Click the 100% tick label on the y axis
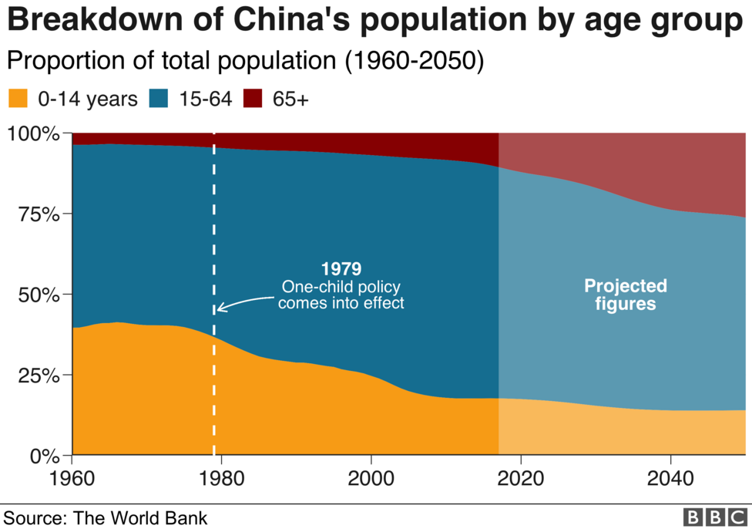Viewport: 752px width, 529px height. [x=32, y=133]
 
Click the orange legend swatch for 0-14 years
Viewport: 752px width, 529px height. [x=18, y=99]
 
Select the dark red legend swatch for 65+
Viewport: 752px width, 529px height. [x=253, y=99]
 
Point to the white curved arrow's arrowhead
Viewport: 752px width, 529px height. [x=219, y=308]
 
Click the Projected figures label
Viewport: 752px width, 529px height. [x=625, y=295]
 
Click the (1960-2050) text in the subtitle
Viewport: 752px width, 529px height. [x=415, y=61]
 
